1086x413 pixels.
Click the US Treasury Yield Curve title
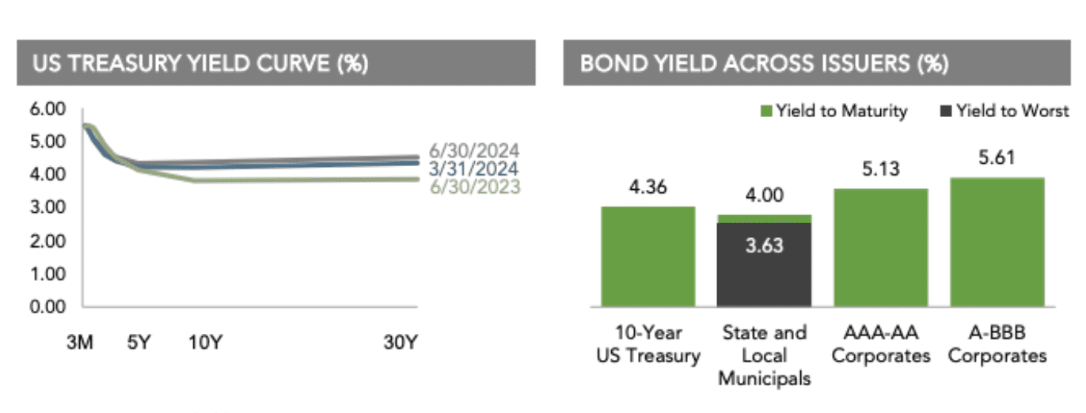click(199, 63)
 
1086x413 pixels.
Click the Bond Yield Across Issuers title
click(764, 63)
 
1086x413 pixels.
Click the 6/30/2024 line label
click(474, 150)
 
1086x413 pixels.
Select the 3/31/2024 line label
click(474, 169)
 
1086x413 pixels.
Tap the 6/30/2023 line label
click(474, 187)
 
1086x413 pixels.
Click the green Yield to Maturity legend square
click(766, 112)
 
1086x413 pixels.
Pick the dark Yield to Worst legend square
click(946, 112)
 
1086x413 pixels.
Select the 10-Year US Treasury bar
click(648, 256)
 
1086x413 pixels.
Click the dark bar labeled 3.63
click(764, 264)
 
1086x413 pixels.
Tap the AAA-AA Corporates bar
click(881, 247)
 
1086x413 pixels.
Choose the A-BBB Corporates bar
click(997, 241)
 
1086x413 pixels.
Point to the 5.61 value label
click(997, 157)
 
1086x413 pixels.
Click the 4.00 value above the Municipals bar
click(764, 195)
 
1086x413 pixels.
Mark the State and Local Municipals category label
click(764, 355)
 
